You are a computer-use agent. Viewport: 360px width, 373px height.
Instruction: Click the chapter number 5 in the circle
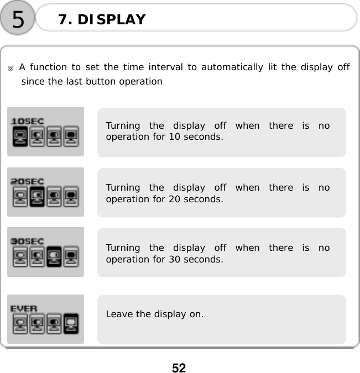[18, 19]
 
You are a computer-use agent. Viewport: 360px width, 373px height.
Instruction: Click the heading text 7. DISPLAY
[102, 20]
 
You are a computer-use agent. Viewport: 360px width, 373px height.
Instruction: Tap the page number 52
[179, 367]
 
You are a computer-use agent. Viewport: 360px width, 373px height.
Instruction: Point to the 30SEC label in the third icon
[28, 241]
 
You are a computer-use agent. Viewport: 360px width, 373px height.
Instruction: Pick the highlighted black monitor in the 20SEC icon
[37, 196]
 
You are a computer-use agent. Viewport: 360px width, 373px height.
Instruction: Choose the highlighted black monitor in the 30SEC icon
[54, 256]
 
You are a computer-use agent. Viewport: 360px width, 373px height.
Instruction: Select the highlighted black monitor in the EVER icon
[71, 323]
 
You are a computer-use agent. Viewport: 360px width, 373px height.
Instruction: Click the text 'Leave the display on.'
[154, 314]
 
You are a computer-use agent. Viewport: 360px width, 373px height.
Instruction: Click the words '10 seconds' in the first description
[199, 136]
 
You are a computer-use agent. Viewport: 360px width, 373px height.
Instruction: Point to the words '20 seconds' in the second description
[199, 198]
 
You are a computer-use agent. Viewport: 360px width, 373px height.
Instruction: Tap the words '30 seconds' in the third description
[199, 259]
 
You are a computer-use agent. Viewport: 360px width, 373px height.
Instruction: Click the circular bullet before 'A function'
[11, 69]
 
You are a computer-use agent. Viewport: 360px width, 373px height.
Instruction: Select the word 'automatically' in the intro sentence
[232, 67]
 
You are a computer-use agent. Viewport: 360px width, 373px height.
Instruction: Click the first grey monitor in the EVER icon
[20, 323]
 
